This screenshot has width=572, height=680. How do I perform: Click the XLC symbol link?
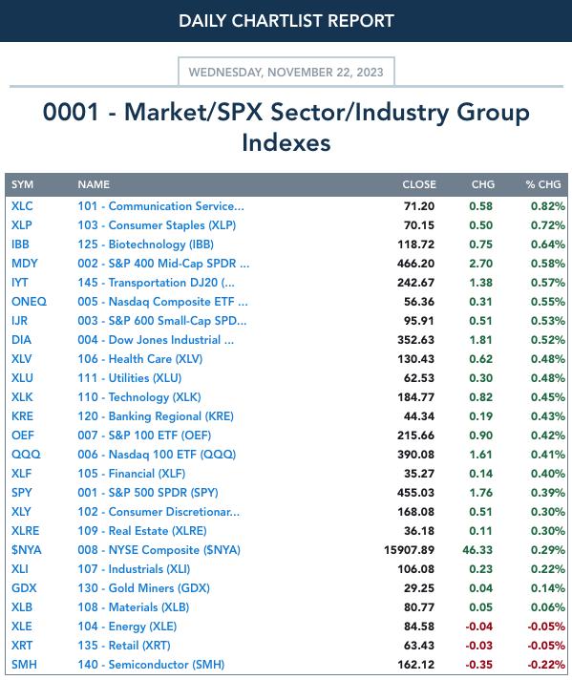(x=22, y=206)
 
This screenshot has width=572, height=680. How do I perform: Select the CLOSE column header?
(x=419, y=184)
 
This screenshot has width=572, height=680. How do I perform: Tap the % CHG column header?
(x=543, y=184)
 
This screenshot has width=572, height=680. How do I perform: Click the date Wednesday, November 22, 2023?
(x=286, y=72)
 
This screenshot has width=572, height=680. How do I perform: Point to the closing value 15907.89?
(x=409, y=550)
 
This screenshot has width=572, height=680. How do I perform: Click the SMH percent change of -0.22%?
(x=546, y=665)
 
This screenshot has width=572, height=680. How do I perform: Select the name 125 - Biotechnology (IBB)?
(x=146, y=244)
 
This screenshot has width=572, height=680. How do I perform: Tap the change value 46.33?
(x=477, y=550)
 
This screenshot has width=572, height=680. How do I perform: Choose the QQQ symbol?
(x=26, y=455)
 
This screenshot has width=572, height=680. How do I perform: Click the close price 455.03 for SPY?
(x=416, y=493)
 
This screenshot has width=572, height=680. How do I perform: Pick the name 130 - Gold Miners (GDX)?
(x=143, y=588)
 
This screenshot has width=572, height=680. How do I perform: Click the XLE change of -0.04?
(x=478, y=627)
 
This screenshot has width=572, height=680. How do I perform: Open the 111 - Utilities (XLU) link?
(x=130, y=378)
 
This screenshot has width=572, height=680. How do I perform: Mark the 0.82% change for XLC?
(x=548, y=206)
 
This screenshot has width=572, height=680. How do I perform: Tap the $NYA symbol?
(x=27, y=550)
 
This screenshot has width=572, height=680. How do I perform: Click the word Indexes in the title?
(x=286, y=142)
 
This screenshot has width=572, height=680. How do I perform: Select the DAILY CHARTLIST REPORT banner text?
(x=286, y=21)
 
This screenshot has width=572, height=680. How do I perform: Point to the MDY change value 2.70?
(x=480, y=264)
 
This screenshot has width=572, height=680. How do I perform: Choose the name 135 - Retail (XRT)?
(x=124, y=646)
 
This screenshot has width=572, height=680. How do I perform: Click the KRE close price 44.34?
(x=419, y=416)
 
